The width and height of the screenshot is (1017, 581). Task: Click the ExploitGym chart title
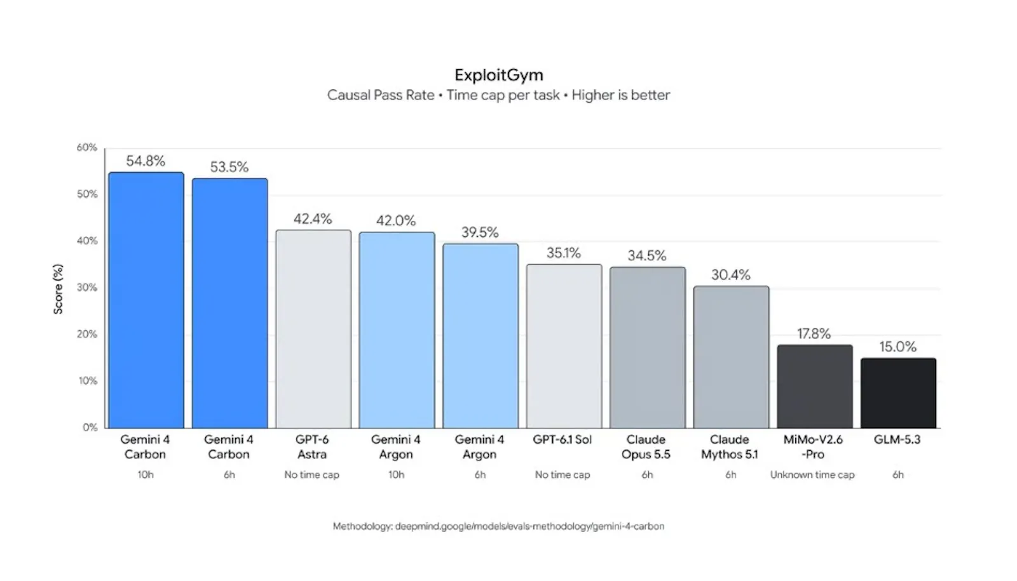(498, 75)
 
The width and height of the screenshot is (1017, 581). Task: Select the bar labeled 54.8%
(146, 300)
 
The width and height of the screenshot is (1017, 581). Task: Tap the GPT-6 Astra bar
(313, 329)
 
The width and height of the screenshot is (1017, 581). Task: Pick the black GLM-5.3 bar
(898, 393)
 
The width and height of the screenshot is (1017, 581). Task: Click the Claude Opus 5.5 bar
(648, 347)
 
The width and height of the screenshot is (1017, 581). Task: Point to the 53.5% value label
(229, 167)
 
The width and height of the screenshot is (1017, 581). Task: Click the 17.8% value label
(814, 334)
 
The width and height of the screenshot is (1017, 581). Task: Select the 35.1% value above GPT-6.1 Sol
(563, 253)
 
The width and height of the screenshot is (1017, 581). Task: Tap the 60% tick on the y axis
(86, 147)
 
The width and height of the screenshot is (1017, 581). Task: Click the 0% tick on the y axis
(90, 427)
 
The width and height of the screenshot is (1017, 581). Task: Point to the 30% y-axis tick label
(86, 288)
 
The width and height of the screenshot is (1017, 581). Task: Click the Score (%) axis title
(58, 289)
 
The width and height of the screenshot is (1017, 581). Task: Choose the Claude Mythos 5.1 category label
(730, 447)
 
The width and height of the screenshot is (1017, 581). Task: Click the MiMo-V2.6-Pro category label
(813, 447)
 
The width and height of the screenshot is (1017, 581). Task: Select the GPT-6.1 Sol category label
(562, 439)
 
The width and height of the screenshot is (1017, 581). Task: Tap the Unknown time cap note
(812, 474)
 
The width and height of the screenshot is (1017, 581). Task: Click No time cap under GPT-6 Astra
(311, 474)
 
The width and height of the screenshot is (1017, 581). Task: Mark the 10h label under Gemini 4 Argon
(396, 474)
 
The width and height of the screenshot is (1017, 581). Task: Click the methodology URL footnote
(498, 526)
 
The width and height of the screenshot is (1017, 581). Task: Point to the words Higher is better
(620, 95)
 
